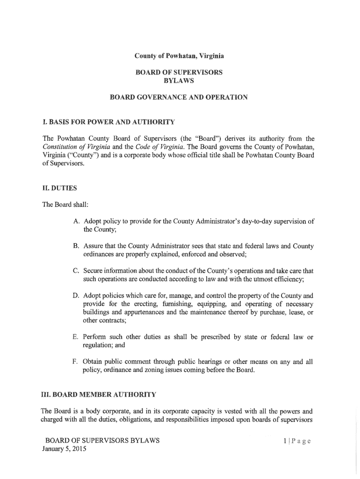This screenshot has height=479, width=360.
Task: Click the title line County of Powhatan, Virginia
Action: pos(180,56)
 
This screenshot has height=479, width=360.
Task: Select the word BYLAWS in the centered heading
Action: pos(180,80)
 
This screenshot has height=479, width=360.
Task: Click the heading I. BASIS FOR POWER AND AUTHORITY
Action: pos(108,122)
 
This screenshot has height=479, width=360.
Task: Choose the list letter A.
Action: pos(75,222)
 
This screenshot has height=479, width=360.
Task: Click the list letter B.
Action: pos(75,246)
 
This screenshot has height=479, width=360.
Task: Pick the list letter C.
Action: pos(75,271)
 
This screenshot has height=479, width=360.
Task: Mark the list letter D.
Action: pos(75,296)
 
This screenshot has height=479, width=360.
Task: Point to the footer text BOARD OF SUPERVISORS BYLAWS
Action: pos(102,441)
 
